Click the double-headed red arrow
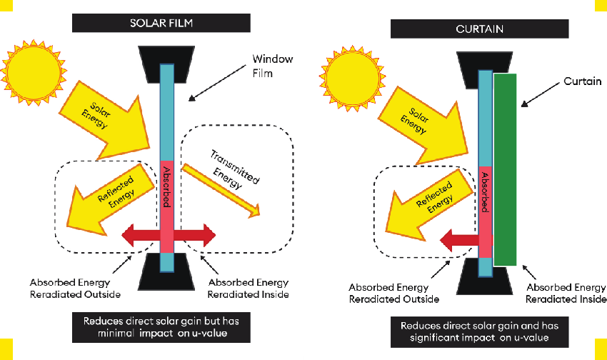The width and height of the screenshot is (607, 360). pyautogui.click(x=168, y=234)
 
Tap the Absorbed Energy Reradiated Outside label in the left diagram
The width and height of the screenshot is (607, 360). pyautogui.click(x=76, y=288)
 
